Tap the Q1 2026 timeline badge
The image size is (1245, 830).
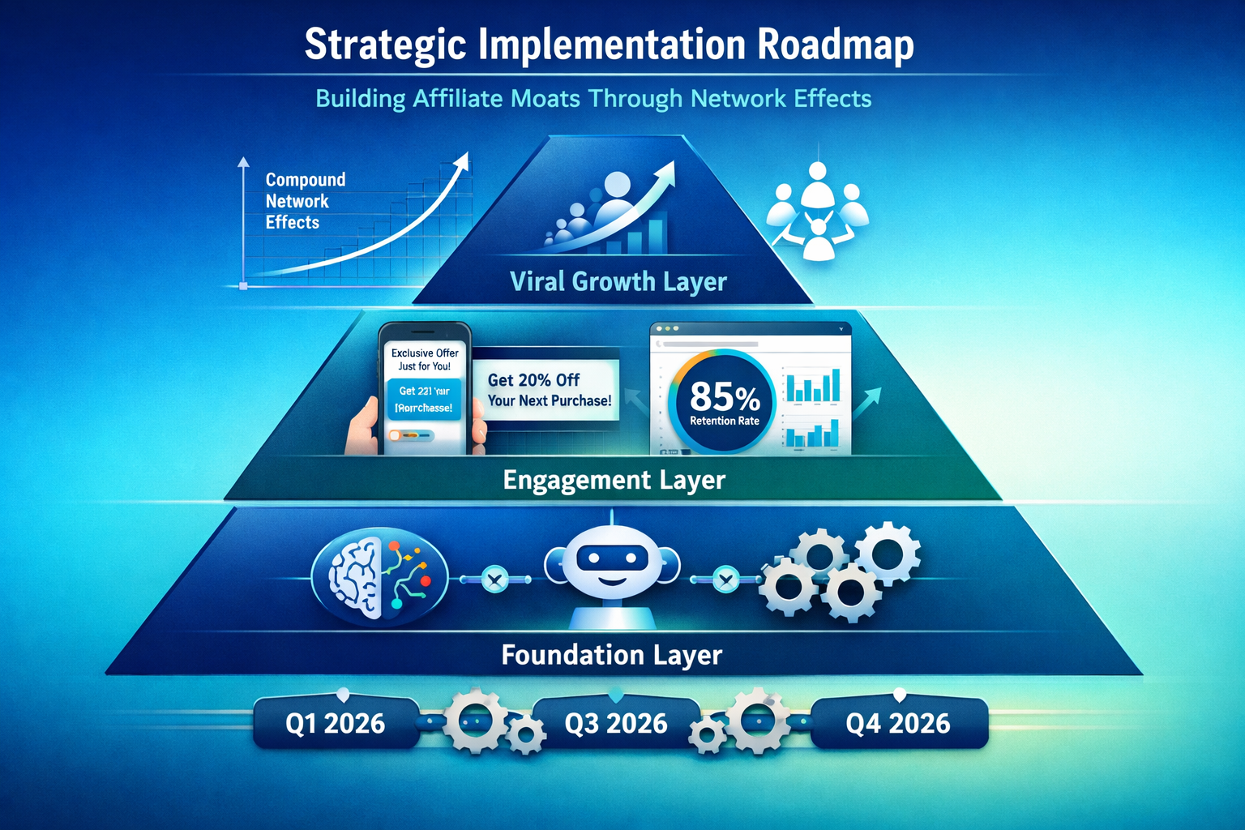coord(335,723)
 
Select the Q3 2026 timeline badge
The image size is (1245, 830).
coord(616,723)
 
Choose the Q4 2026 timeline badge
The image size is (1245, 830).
coord(898,723)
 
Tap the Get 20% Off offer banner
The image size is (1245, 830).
coord(549,390)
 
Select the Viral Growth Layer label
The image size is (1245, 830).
coord(618,281)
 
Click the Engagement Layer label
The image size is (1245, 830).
coord(614,480)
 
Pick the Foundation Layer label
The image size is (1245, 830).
coord(611,655)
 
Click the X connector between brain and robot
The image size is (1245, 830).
coord(494,579)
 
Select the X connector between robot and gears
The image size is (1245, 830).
coord(726,579)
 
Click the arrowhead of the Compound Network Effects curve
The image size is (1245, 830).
coord(462,159)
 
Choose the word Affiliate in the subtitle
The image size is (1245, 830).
coord(457,99)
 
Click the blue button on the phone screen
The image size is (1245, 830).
coord(425,399)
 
